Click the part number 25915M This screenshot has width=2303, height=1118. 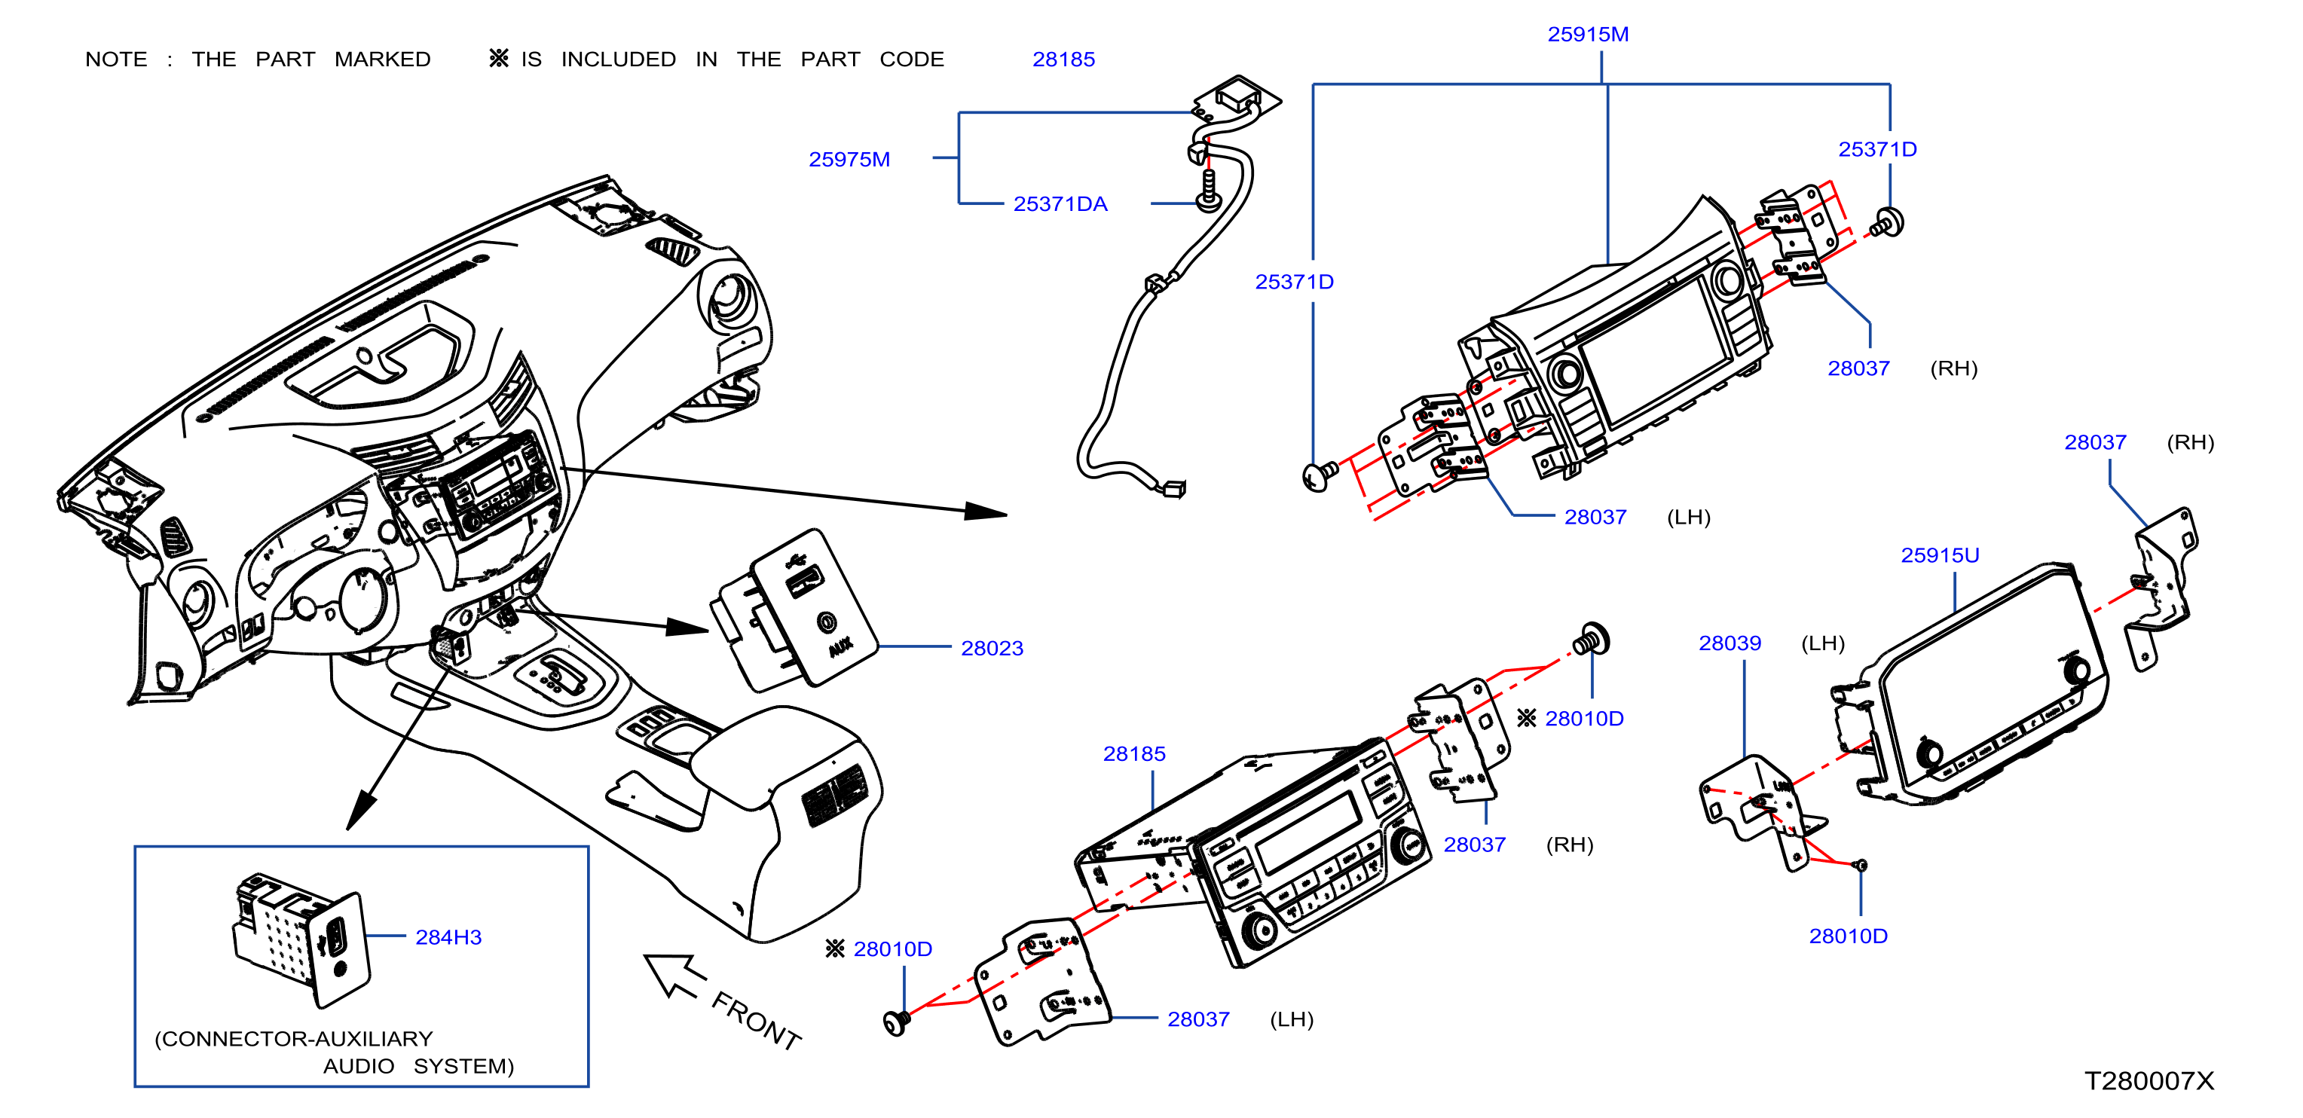coord(1588,34)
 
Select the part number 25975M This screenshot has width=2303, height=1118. coord(849,159)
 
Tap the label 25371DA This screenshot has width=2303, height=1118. coord(1060,203)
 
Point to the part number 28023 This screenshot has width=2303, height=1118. coord(992,648)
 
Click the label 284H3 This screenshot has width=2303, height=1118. coord(448,936)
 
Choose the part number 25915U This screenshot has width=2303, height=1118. coord(1940,555)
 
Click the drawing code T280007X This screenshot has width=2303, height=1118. coord(2149,1080)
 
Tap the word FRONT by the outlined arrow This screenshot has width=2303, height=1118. coord(757,1020)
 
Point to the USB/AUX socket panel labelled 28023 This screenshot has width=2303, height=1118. coord(793,609)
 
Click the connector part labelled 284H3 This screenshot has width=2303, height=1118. coord(301,939)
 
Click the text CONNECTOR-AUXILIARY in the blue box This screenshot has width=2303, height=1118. coord(293,1038)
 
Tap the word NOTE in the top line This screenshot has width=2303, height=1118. coord(116,59)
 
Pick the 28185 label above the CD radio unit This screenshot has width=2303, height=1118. coord(1133,753)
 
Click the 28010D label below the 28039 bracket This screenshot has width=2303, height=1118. coord(1848,936)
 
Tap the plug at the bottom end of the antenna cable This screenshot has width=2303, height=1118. coord(1172,488)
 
